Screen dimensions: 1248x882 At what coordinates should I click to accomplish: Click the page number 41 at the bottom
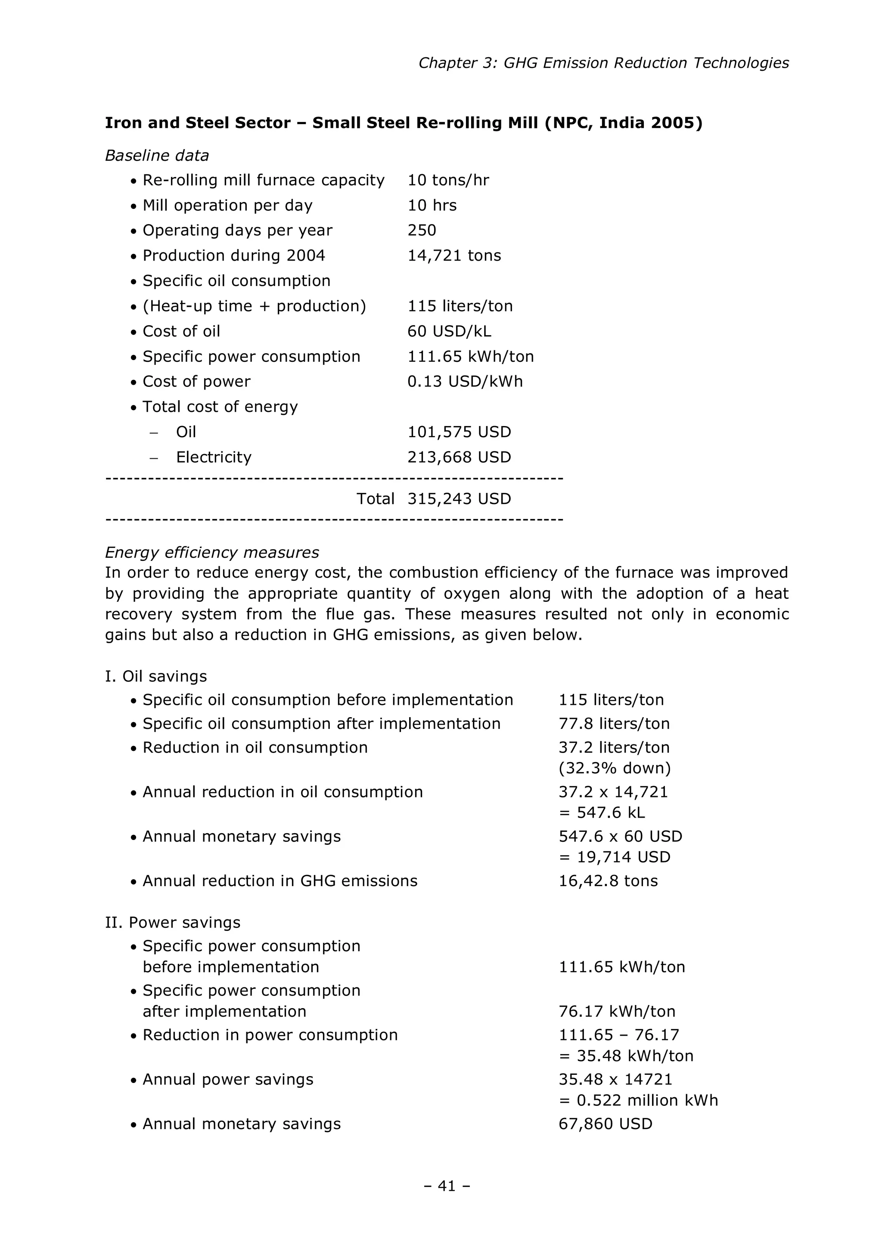pyautogui.click(x=446, y=1186)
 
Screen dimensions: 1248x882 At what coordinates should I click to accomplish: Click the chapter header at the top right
pyautogui.click(x=603, y=63)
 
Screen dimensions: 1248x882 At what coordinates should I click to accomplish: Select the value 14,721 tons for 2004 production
pyautogui.click(x=454, y=255)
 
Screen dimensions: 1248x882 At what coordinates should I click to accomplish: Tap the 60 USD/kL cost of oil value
pyautogui.click(x=449, y=331)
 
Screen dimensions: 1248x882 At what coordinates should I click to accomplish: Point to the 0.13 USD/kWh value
pyautogui.click(x=465, y=382)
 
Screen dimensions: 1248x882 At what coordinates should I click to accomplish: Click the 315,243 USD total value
pyautogui.click(x=459, y=499)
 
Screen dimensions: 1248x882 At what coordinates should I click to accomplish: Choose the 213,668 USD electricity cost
pyautogui.click(x=459, y=457)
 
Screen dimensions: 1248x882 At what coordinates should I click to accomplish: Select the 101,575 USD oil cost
pyautogui.click(x=459, y=432)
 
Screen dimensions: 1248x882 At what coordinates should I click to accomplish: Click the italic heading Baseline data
pyautogui.click(x=156, y=156)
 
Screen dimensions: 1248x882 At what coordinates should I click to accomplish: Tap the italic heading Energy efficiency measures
pyautogui.click(x=211, y=552)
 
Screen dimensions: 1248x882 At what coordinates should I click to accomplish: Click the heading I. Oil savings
pyautogui.click(x=155, y=676)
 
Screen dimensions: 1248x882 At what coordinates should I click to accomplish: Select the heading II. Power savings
pyautogui.click(x=172, y=922)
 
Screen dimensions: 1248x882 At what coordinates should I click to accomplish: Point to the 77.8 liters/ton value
pyautogui.click(x=614, y=723)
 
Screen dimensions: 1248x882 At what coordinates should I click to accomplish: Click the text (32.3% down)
pyautogui.click(x=614, y=768)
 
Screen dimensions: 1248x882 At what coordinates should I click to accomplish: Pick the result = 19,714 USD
pyautogui.click(x=614, y=857)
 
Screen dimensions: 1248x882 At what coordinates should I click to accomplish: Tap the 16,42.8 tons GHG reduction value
pyautogui.click(x=608, y=881)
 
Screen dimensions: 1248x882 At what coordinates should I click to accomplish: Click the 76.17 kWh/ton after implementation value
pyautogui.click(x=617, y=1011)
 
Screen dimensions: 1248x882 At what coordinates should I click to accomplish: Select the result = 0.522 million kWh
pyautogui.click(x=638, y=1100)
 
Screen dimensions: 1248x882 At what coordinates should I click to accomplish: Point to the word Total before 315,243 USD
pyautogui.click(x=375, y=499)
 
